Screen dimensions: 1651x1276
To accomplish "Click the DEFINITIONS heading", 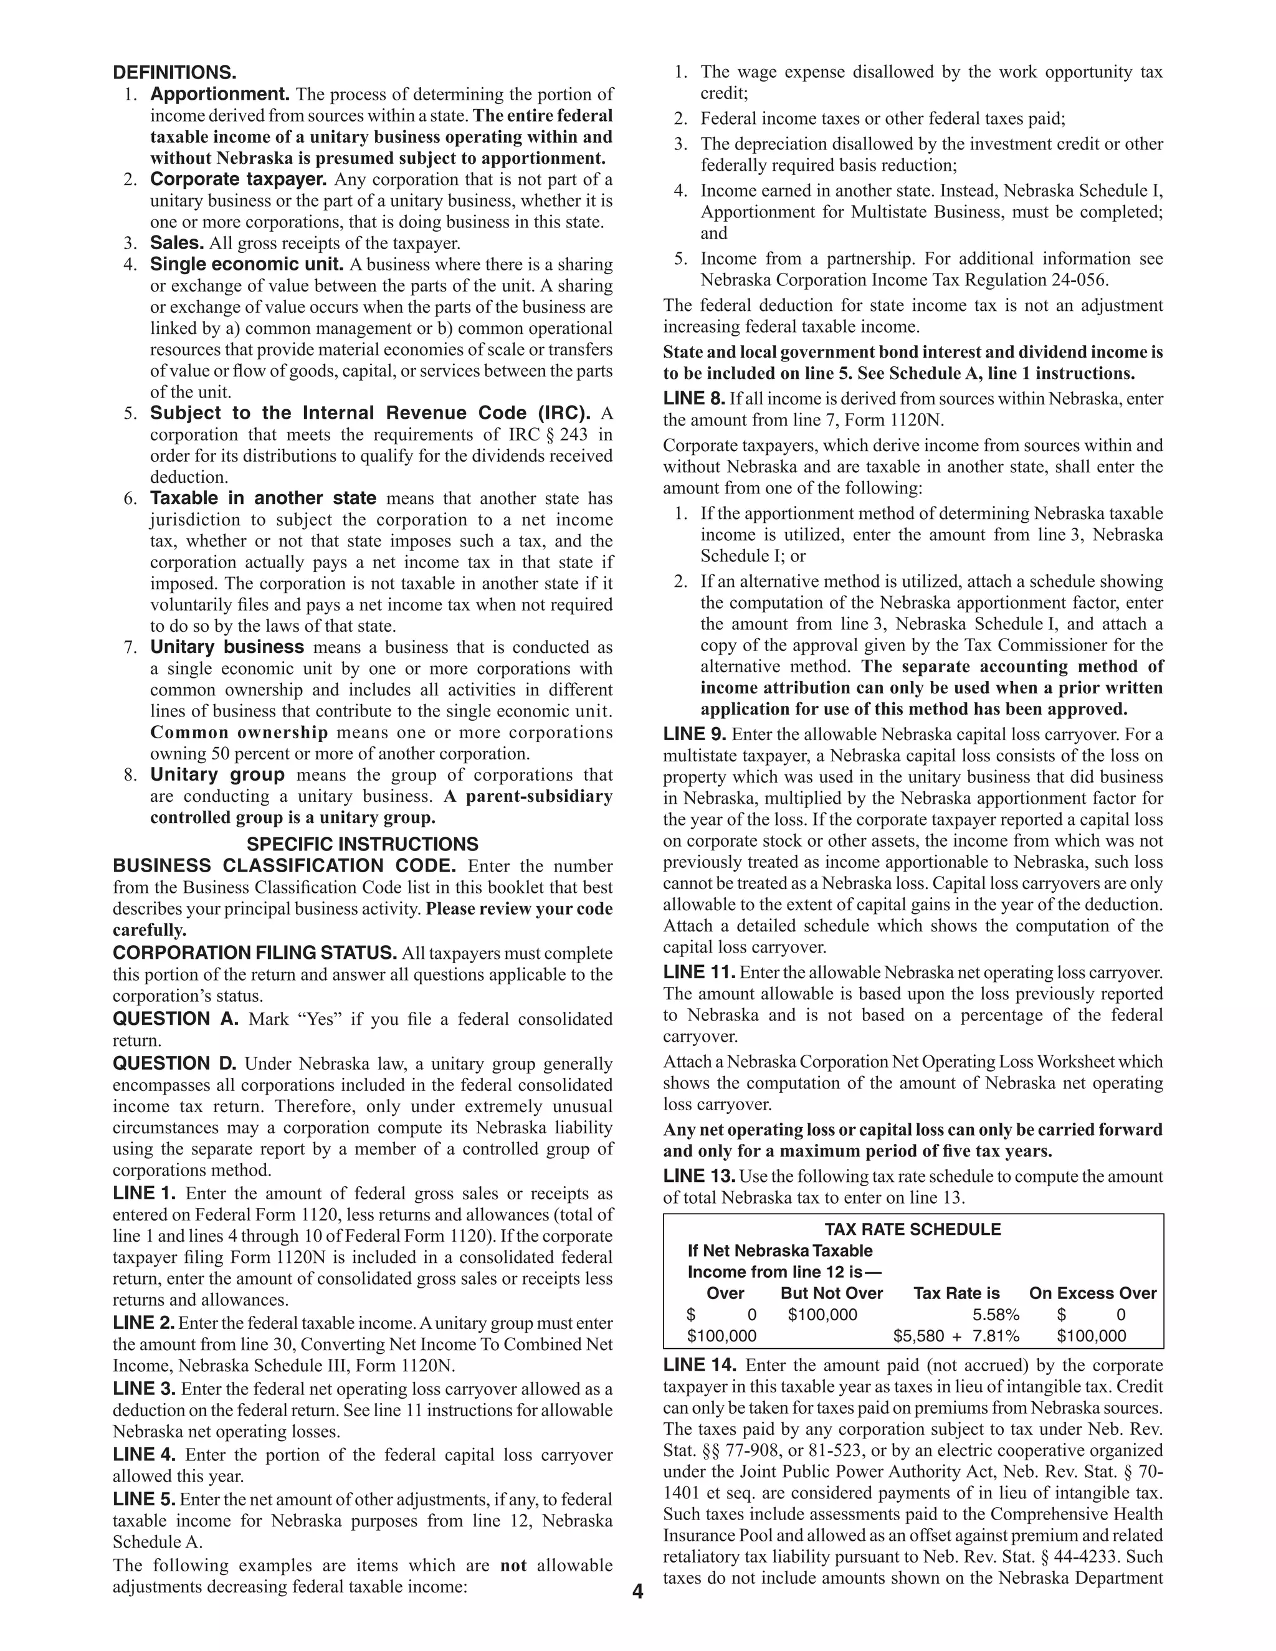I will click(174, 74).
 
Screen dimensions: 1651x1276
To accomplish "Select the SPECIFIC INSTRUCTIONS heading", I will click(362, 844).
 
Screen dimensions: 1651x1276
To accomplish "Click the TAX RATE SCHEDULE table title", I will click(912, 1229).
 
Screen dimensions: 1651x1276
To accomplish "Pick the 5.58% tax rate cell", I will click(996, 1315).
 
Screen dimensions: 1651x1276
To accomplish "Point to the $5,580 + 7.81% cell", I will click(956, 1336).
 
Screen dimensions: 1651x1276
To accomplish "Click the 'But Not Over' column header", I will click(832, 1293).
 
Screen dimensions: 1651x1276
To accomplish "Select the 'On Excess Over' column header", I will click(1092, 1293).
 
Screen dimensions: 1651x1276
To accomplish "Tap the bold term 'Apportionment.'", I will click(220, 95).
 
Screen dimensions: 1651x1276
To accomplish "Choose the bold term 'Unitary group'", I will click(217, 775).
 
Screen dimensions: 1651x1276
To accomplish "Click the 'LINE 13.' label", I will click(698, 1176).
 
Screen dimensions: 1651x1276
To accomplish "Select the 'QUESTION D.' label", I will click(174, 1063).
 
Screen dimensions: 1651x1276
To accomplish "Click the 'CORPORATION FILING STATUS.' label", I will click(255, 953).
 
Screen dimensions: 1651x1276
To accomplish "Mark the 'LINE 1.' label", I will click(145, 1194).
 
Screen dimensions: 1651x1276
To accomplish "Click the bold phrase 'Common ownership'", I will click(239, 733).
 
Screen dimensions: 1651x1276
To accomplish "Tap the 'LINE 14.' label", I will click(699, 1364).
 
